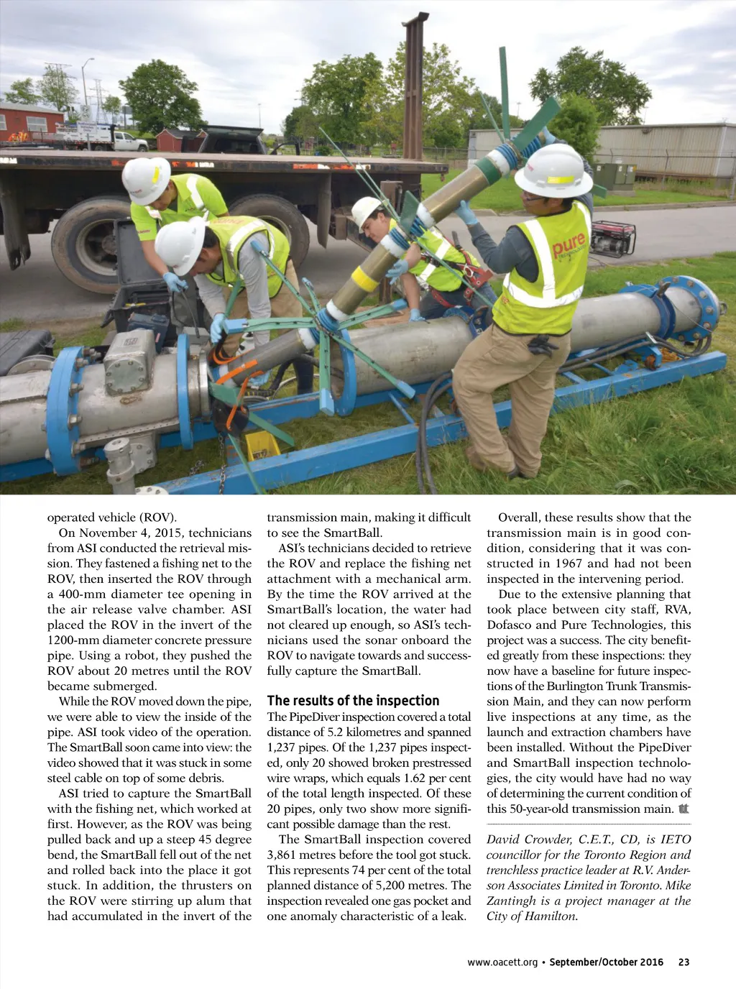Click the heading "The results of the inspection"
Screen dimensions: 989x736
point(353,701)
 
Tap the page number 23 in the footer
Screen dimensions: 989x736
point(684,962)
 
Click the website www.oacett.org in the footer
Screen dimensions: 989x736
point(502,962)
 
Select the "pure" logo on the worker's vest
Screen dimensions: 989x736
point(569,244)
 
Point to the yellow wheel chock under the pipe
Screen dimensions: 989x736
point(262,445)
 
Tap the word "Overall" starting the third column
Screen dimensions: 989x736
point(517,517)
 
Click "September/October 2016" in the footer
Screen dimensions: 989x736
point(606,962)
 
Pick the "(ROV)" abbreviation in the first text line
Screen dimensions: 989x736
point(157,517)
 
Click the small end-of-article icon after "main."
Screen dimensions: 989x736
point(683,809)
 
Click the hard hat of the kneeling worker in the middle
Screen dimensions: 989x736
point(365,211)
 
